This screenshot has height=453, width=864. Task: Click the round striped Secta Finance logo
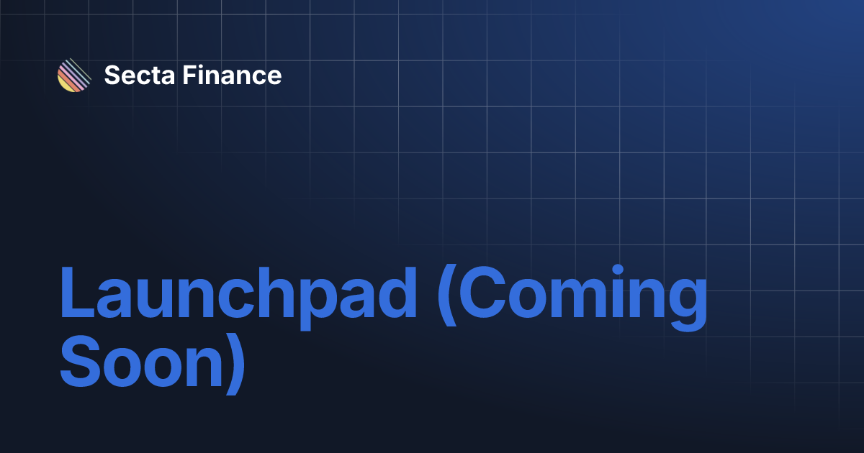click(74, 75)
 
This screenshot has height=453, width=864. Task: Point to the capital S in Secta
click(112, 75)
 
